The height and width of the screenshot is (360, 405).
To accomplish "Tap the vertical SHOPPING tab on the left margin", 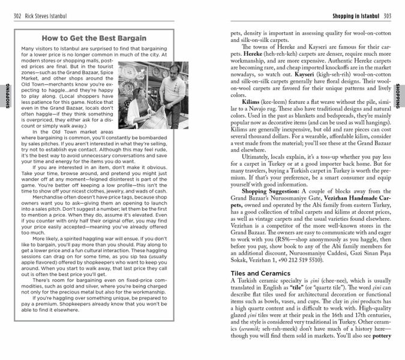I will [x=7, y=97].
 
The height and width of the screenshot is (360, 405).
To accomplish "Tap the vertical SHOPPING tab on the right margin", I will [x=398, y=97].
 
